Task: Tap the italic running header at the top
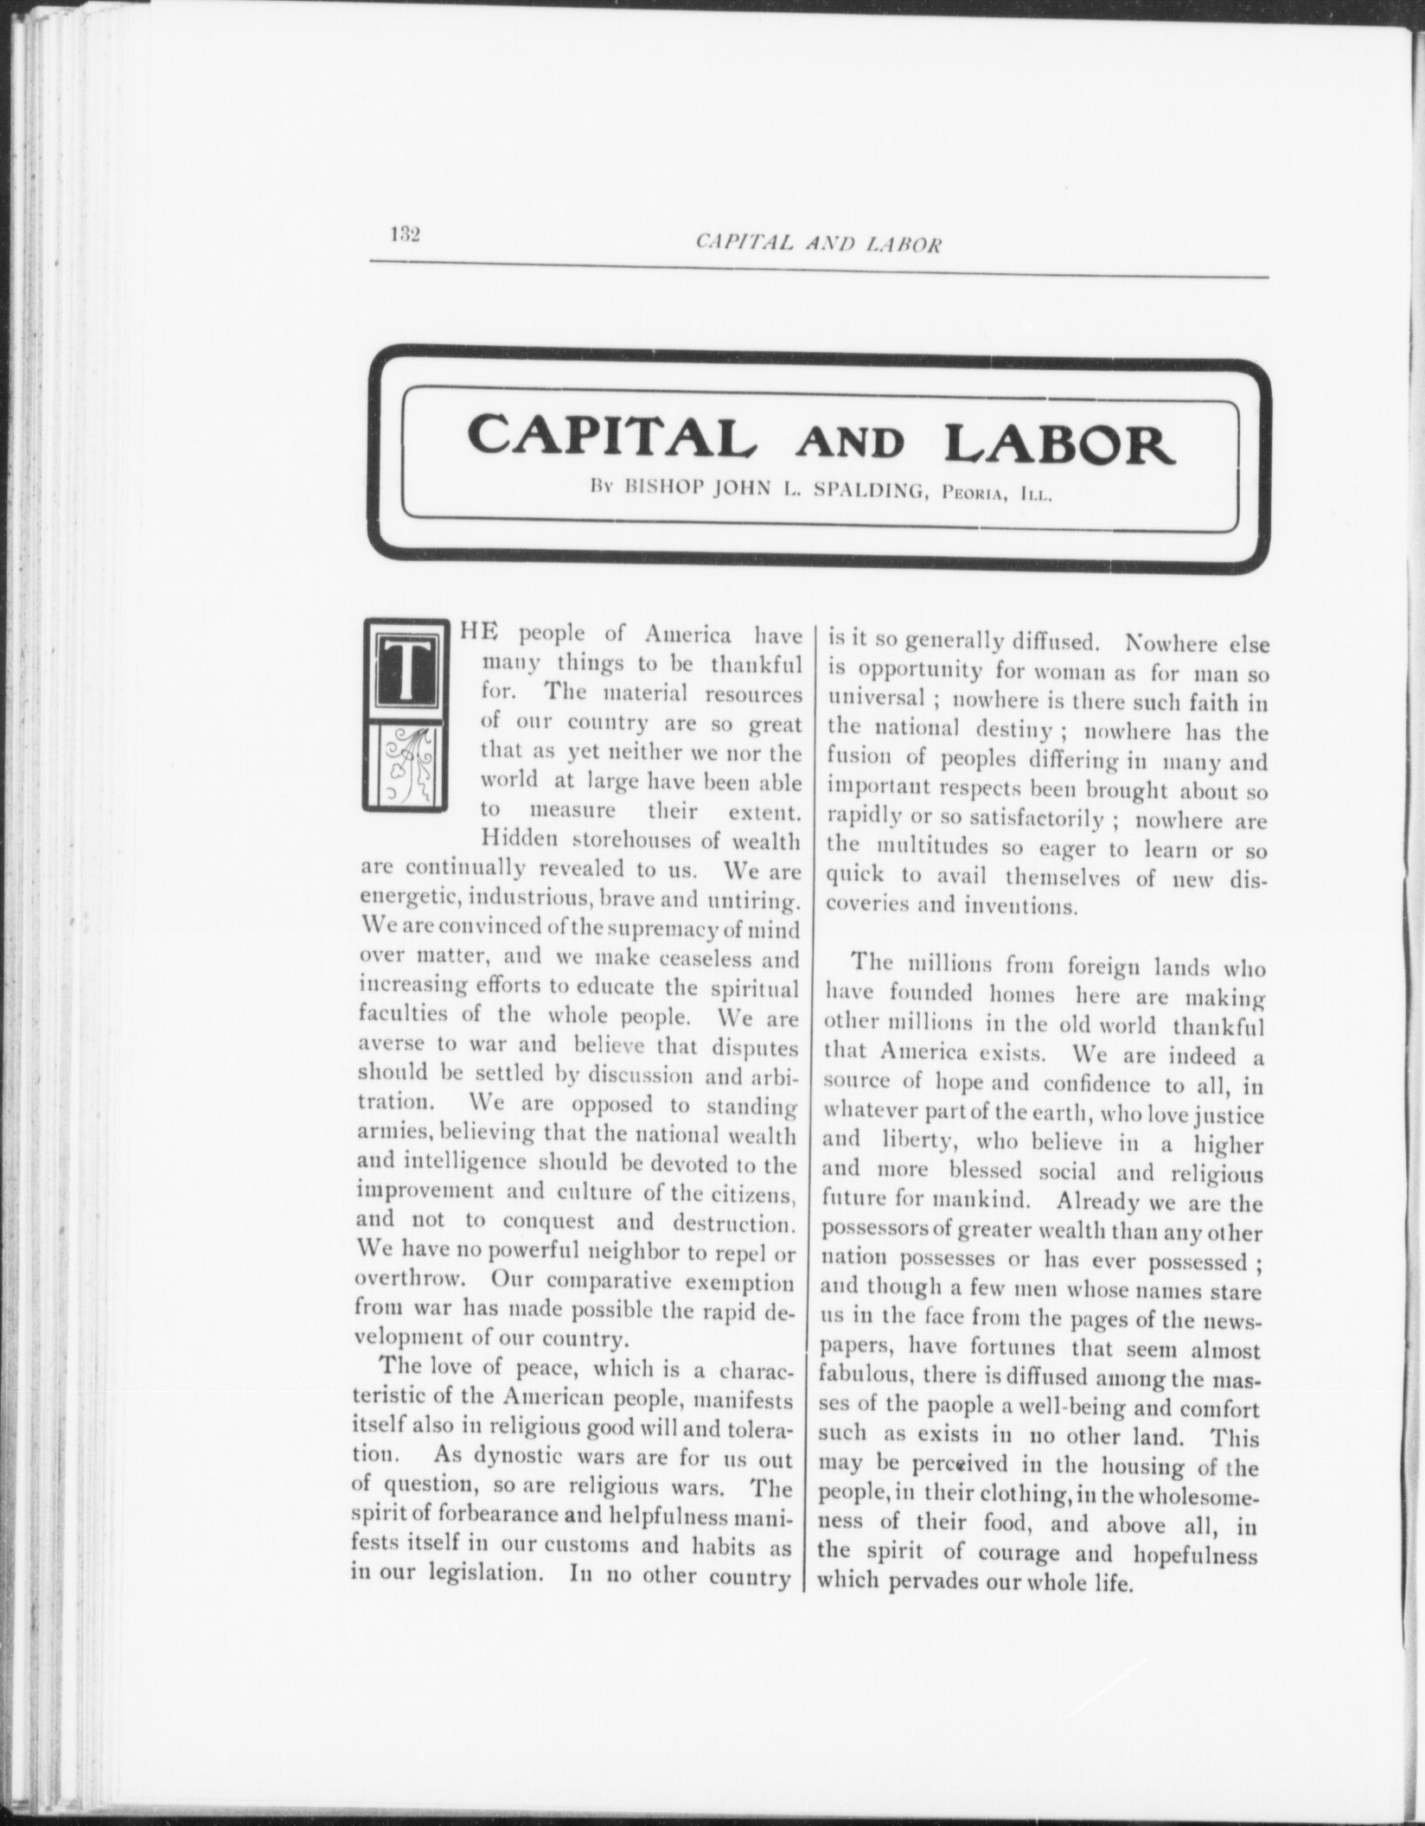[x=818, y=245]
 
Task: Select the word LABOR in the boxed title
[x=1060, y=441]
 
